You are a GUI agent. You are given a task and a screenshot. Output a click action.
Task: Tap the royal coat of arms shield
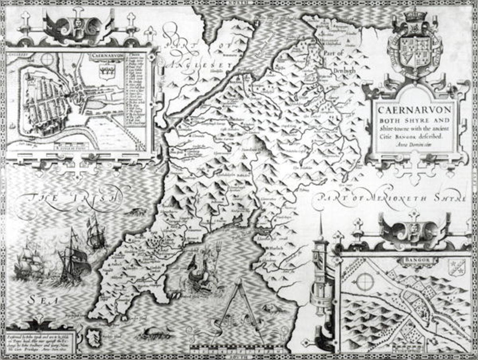415,47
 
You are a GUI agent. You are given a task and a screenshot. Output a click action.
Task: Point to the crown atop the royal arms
415,14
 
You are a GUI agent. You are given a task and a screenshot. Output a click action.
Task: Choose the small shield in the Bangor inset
456,267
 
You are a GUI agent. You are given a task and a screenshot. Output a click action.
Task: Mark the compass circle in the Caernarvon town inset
47,60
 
